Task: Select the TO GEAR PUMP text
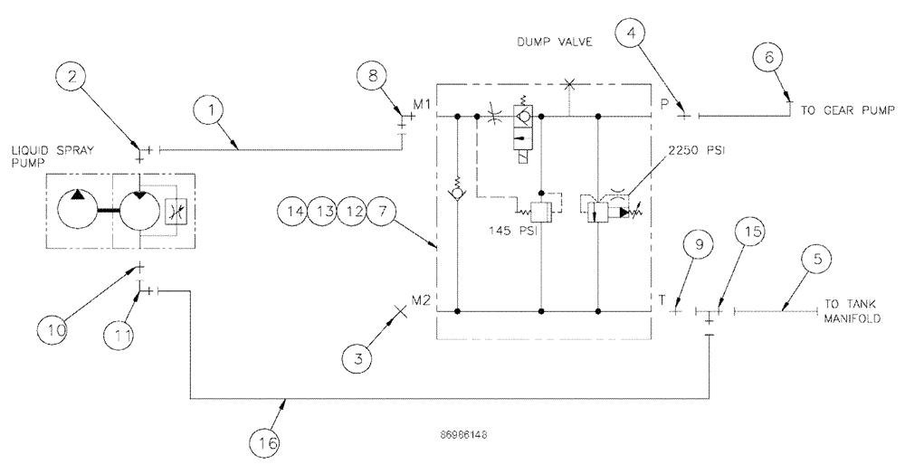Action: tap(847, 111)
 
